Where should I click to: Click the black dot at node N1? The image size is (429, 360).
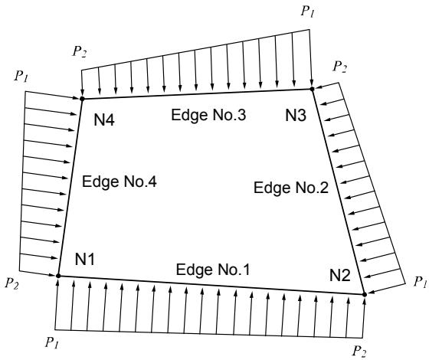(x=58, y=276)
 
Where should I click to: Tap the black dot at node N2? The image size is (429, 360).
(x=365, y=294)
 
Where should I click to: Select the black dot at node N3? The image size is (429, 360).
(x=312, y=89)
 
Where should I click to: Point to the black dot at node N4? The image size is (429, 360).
(x=82, y=99)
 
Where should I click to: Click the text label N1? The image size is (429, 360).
(x=85, y=259)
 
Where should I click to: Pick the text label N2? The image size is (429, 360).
(x=340, y=276)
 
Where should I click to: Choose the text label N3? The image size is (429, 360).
(x=296, y=115)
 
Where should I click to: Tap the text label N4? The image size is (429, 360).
(x=104, y=119)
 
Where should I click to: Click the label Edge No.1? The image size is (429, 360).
(x=213, y=270)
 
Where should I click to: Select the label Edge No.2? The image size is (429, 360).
(x=291, y=188)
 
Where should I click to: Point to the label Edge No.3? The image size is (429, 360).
(x=208, y=115)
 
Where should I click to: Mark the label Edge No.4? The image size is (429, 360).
(x=120, y=182)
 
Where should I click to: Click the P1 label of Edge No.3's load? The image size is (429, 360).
(x=307, y=11)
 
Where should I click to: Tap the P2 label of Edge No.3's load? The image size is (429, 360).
(x=80, y=51)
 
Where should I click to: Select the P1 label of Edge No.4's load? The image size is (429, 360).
(x=21, y=76)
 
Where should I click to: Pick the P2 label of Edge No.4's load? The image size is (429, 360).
(x=11, y=283)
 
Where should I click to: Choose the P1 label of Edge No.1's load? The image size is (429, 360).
(x=52, y=342)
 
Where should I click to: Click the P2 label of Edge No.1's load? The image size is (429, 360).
(x=359, y=352)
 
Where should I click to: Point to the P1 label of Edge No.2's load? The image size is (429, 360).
(x=420, y=282)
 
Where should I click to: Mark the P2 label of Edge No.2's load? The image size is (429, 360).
(x=339, y=67)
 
